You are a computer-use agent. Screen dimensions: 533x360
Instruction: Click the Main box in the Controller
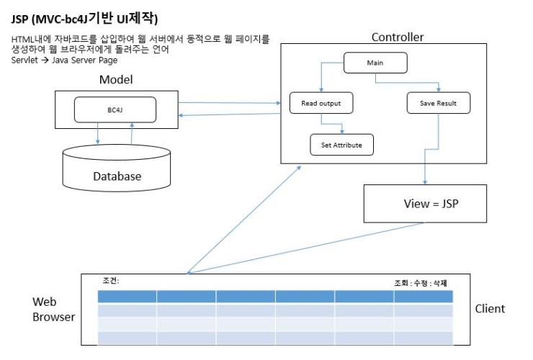(x=375, y=63)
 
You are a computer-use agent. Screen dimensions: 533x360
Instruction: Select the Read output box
(x=321, y=103)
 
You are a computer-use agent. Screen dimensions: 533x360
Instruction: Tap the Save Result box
(x=439, y=103)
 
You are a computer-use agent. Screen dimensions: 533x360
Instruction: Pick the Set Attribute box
(x=341, y=145)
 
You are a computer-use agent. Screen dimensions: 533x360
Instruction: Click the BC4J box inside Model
(x=115, y=110)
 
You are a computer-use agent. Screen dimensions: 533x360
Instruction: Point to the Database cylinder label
(x=117, y=176)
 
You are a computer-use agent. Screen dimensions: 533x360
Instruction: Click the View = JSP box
(x=425, y=204)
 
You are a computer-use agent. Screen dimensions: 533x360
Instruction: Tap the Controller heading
(x=398, y=37)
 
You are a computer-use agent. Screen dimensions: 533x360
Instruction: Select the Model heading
(x=116, y=79)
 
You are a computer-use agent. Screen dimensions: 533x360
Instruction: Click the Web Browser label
(x=54, y=309)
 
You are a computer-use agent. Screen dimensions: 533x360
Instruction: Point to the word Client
(x=490, y=309)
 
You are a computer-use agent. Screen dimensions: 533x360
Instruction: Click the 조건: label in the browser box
(x=111, y=281)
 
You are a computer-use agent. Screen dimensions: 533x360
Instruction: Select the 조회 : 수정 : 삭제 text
(x=421, y=283)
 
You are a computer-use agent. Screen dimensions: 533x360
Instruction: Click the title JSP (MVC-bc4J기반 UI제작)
(x=85, y=18)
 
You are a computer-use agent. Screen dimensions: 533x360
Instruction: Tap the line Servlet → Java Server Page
(x=64, y=60)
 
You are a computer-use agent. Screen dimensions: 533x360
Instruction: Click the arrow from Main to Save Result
(x=407, y=83)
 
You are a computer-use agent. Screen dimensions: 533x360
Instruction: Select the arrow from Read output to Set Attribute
(x=331, y=124)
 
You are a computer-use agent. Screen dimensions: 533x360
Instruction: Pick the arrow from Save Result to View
(x=431, y=149)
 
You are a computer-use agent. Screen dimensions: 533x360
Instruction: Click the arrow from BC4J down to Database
(x=98, y=133)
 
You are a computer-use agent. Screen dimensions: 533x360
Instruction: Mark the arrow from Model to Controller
(x=230, y=103)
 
